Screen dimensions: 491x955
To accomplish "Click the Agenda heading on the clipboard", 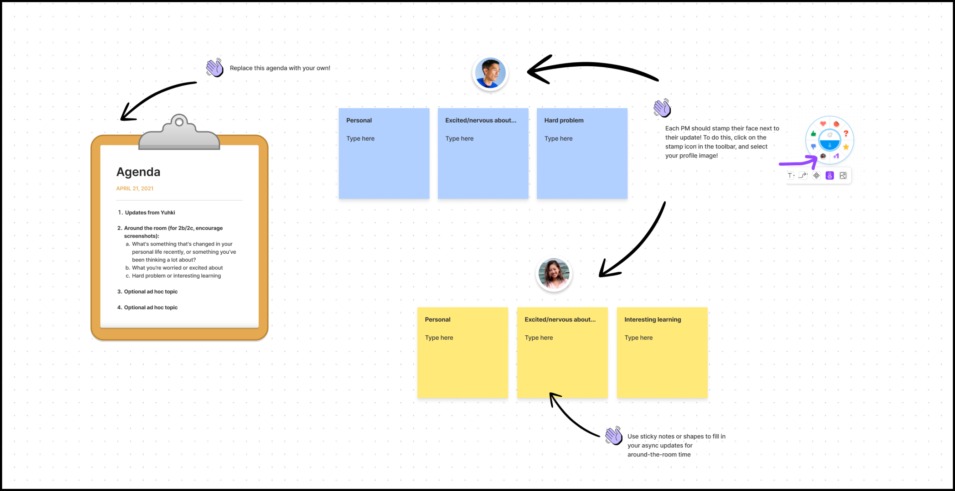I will [138, 172].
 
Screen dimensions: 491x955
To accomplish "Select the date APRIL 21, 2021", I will [135, 188].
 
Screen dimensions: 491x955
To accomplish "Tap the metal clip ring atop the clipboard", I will [179, 122].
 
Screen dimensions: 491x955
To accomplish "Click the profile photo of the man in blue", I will [490, 73].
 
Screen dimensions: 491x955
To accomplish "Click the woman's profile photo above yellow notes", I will [554, 274].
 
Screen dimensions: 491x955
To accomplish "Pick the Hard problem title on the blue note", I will [563, 120].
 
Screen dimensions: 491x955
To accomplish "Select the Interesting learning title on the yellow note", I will [652, 319].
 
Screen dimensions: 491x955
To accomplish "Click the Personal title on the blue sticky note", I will [358, 120].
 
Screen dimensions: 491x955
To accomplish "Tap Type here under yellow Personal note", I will [439, 337].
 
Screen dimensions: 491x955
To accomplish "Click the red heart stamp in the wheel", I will [823, 124].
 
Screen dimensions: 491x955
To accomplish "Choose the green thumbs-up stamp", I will [814, 133].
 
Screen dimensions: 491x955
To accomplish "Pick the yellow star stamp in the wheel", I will [846, 147].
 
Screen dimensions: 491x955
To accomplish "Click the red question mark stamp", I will [846, 133].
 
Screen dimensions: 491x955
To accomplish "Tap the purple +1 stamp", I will [836, 156].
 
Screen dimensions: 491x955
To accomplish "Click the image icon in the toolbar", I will [843, 176].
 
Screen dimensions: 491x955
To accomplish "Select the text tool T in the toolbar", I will [790, 176].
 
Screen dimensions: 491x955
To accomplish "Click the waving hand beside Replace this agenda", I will [215, 68].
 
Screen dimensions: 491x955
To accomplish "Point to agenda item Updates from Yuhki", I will [149, 212].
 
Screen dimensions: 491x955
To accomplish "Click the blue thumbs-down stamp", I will [814, 147].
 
